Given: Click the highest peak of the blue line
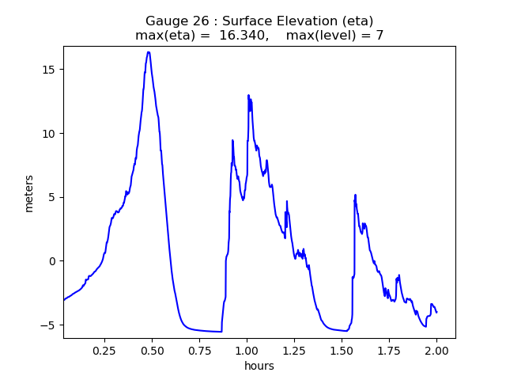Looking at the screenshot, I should (148, 52).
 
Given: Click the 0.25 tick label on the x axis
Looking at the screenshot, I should (104, 349).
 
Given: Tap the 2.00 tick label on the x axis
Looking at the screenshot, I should (436, 349).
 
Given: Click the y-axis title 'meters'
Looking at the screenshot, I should (29, 192).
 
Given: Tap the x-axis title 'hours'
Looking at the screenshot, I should (259, 367).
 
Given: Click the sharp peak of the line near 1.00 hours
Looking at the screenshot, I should (248, 95).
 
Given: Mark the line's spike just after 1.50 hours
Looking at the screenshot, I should (355, 195).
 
